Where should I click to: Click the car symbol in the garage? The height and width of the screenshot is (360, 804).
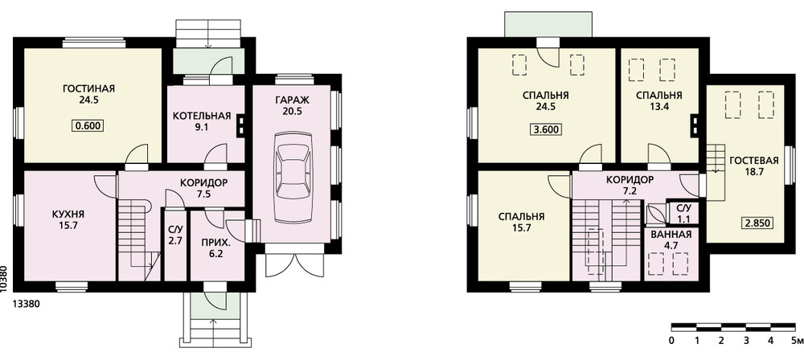[293, 178]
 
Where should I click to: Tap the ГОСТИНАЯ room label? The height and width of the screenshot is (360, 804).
[88, 88]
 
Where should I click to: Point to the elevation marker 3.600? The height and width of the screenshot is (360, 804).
[546, 129]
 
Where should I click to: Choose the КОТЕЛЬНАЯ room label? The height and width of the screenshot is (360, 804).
[202, 116]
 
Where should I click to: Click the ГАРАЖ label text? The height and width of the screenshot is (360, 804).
[294, 100]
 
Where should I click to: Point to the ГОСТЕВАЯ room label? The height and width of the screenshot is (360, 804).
[754, 161]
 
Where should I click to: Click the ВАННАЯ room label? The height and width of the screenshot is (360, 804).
[671, 235]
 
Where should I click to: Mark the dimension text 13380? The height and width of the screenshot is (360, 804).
[26, 304]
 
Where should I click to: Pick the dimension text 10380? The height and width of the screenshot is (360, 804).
[5, 279]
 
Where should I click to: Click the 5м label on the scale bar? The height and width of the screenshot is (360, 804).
[796, 340]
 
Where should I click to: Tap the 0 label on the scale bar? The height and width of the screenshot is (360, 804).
[671, 340]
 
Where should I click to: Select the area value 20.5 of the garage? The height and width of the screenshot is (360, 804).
[294, 111]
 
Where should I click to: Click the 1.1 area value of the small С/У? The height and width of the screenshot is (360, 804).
[684, 219]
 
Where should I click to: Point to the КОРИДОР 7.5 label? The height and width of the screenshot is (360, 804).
[203, 188]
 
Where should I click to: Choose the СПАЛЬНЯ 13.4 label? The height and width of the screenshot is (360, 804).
[659, 101]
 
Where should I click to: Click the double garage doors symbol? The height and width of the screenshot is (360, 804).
[294, 261]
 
